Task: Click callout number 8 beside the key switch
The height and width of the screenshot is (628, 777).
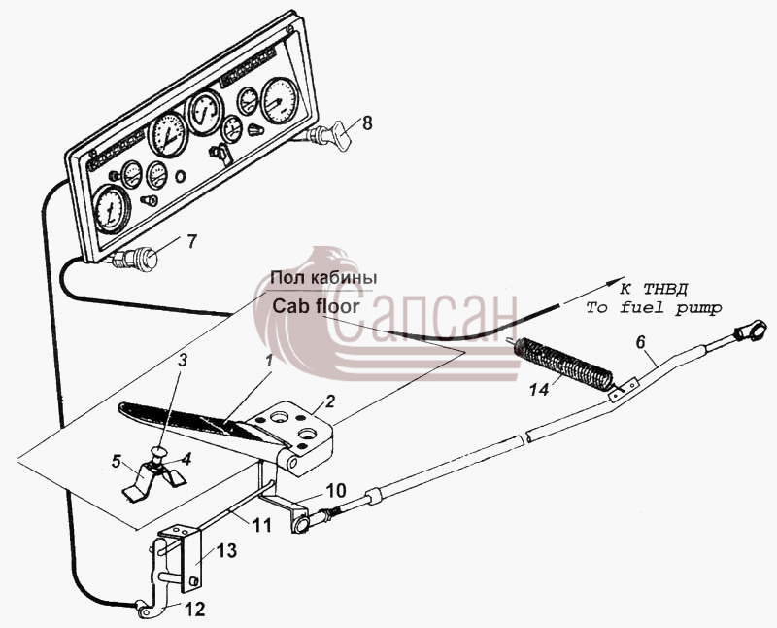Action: click(x=367, y=122)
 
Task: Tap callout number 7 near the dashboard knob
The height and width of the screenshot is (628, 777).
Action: click(x=191, y=242)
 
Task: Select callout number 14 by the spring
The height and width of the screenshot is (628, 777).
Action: click(x=539, y=390)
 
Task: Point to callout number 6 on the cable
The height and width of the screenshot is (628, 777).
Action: click(x=641, y=342)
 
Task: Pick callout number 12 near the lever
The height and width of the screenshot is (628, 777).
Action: click(x=195, y=610)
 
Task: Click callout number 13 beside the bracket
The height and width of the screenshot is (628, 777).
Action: click(x=227, y=550)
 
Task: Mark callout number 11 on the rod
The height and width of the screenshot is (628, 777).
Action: click(x=261, y=525)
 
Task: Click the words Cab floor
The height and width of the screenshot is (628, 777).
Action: click(x=316, y=306)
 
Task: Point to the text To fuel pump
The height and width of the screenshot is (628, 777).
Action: click(x=654, y=308)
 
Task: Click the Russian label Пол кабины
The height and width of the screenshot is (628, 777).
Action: click(x=323, y=277)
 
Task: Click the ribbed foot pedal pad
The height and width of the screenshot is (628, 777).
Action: click(x=184, y=417)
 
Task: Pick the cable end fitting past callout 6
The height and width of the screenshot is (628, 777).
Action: click(x=746, y=331)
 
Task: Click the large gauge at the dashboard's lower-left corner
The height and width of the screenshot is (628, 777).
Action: click(x=111, y=208)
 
